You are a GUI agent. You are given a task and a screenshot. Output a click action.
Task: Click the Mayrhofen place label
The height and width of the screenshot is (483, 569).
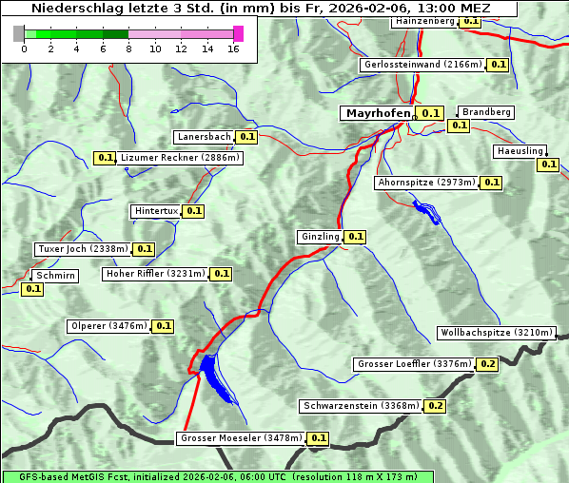click(x=378, y=113)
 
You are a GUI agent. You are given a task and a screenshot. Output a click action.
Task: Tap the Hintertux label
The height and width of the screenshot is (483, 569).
click(x=156, y=211)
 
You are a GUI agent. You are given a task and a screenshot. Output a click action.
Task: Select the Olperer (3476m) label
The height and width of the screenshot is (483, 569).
click(x=108, y=326)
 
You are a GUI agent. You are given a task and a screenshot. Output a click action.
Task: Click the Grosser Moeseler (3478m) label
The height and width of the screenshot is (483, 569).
click(x=241, y=438)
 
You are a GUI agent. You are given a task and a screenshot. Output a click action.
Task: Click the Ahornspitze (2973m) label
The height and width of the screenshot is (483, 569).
click(x=425, y=183)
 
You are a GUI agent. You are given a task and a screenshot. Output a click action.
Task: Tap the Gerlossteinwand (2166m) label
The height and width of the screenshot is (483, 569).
click(x=422, y=65)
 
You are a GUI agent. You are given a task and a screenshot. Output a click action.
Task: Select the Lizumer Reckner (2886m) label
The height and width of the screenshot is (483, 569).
click(x=180, y=158)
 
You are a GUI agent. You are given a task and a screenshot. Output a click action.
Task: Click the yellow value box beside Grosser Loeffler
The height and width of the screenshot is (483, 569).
click(x=488, y=364)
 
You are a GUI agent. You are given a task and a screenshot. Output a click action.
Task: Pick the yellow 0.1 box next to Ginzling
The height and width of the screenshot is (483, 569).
click(x=355, y=237)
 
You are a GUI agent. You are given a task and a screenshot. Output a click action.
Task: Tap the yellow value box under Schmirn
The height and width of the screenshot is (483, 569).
click(x=32, y=289)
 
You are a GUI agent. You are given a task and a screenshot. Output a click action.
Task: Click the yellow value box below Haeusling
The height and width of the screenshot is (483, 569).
click(x=548, y=164)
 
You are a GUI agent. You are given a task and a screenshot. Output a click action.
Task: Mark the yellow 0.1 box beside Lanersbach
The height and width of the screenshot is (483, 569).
click(x=247, y=137)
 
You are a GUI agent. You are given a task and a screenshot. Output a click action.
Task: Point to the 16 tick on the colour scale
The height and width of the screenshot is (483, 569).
click(x=233, y=48)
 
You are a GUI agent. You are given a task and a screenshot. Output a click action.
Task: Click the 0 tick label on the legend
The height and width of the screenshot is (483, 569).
click(x=24, y=48)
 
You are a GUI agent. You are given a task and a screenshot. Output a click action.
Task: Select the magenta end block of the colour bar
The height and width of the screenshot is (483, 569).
click(x=238, y=33)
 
